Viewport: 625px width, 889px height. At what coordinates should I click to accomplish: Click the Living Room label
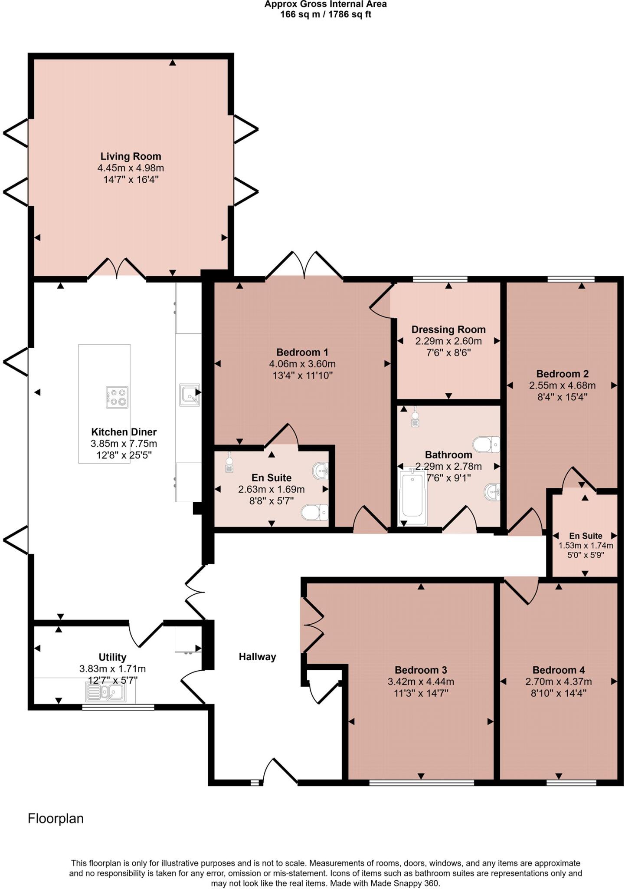coord(131,156)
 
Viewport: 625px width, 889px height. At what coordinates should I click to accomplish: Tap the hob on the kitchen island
coord(117,397)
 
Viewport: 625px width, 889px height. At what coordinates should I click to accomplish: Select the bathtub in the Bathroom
coord(412,496)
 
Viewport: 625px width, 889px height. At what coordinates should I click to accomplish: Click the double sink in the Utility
coord(106,691)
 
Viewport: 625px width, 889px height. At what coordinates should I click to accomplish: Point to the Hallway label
coord(257,657)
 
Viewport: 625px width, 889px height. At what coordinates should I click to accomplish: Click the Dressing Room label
coord(448,329)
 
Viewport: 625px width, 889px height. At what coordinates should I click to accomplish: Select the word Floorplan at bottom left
coord(56,819)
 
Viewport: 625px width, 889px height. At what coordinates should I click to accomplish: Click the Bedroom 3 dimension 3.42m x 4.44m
coord(421,682)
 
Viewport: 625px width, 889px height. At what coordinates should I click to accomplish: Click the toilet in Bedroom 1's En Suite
coord(315,512)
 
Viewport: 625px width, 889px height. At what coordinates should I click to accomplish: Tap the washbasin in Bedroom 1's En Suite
coord(321,470)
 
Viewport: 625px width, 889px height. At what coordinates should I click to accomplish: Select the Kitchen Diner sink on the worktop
coord(190,393)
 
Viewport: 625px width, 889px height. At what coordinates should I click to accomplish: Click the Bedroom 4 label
coord(559,670)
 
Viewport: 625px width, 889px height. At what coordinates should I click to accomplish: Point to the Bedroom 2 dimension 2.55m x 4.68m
coord(562,385)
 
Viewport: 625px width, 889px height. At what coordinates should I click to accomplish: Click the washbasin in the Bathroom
coord(492,491)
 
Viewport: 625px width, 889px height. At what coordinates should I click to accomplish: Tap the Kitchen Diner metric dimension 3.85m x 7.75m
coord(124,444)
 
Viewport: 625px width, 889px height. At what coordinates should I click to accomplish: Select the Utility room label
coord(112,657)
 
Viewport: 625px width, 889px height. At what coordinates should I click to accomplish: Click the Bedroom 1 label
coord(302,352)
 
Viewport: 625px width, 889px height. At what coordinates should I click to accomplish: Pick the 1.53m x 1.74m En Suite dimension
coord(586,546)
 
